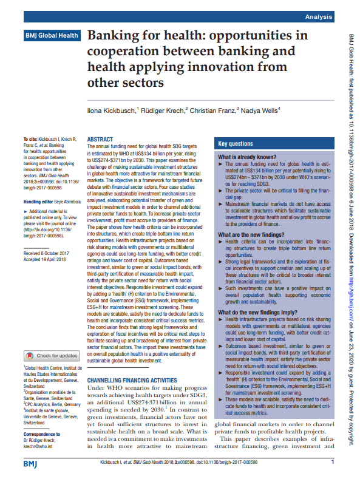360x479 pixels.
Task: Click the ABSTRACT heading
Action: pos(100,139)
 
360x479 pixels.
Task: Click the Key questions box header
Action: pos(236,144)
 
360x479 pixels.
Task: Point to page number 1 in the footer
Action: pos(333,462)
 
